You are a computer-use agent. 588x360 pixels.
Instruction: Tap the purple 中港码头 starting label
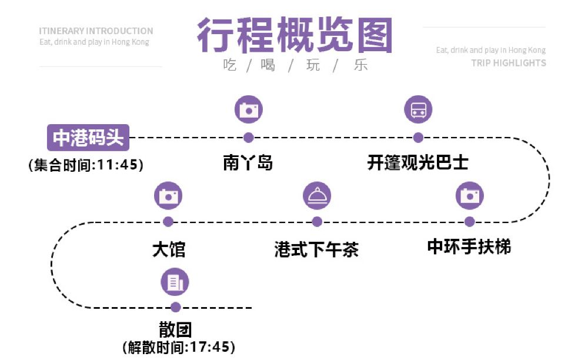pos(88,139)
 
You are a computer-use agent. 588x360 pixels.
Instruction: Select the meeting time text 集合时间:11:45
pos(86,165)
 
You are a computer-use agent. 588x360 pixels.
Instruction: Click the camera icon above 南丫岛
pos(248,109)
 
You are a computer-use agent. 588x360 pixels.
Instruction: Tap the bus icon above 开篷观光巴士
pos(418,109)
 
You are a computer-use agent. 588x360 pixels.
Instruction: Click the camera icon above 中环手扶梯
pos(470,195)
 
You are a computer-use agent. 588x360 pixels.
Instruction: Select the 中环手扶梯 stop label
pos(469,246)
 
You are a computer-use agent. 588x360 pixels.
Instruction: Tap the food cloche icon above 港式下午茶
pos(317,195)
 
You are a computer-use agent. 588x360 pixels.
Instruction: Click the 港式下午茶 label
pos(316,249)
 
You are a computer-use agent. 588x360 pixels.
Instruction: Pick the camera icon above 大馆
pos(168,195)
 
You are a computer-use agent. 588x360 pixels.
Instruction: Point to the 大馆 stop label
pos(169,249)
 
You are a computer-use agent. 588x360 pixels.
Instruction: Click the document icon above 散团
pos(175,282)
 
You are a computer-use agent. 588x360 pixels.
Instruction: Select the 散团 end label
pos(175,329)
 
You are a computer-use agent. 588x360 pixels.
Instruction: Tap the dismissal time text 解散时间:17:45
pos(179,348)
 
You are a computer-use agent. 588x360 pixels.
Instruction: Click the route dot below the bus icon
pos(418,138)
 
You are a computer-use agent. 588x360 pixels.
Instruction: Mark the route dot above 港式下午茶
pos(317,222)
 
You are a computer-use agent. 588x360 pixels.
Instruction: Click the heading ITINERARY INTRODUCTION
pos(96,31)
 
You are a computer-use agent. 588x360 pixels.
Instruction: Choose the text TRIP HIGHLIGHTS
pos(508,63)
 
